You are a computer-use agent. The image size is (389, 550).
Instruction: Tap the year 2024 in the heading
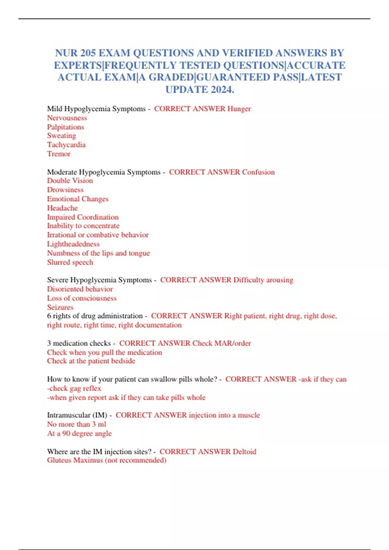(221, 90)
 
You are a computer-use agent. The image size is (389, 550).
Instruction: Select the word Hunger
(239, 109)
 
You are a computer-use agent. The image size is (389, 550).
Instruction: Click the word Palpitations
(65, 127)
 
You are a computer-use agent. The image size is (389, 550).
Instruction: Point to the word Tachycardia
(66, 145)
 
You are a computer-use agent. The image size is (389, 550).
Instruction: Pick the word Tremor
(59, 154)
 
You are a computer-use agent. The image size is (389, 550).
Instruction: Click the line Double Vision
(70, 181)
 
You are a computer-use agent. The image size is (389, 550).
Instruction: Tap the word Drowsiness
(65, 190)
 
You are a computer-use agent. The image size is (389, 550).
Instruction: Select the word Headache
(63, 208)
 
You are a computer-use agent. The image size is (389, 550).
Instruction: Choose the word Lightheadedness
(73, 244)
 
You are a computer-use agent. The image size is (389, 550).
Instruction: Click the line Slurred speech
(70, 262)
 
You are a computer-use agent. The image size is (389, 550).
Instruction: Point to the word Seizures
(60, 307)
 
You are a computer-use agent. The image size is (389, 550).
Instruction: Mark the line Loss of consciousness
(82, 298)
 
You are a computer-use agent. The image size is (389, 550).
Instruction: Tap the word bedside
(123, 361)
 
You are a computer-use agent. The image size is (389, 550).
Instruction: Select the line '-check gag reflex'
(74, 388)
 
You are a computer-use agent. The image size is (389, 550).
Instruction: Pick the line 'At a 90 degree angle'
(79, 433)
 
